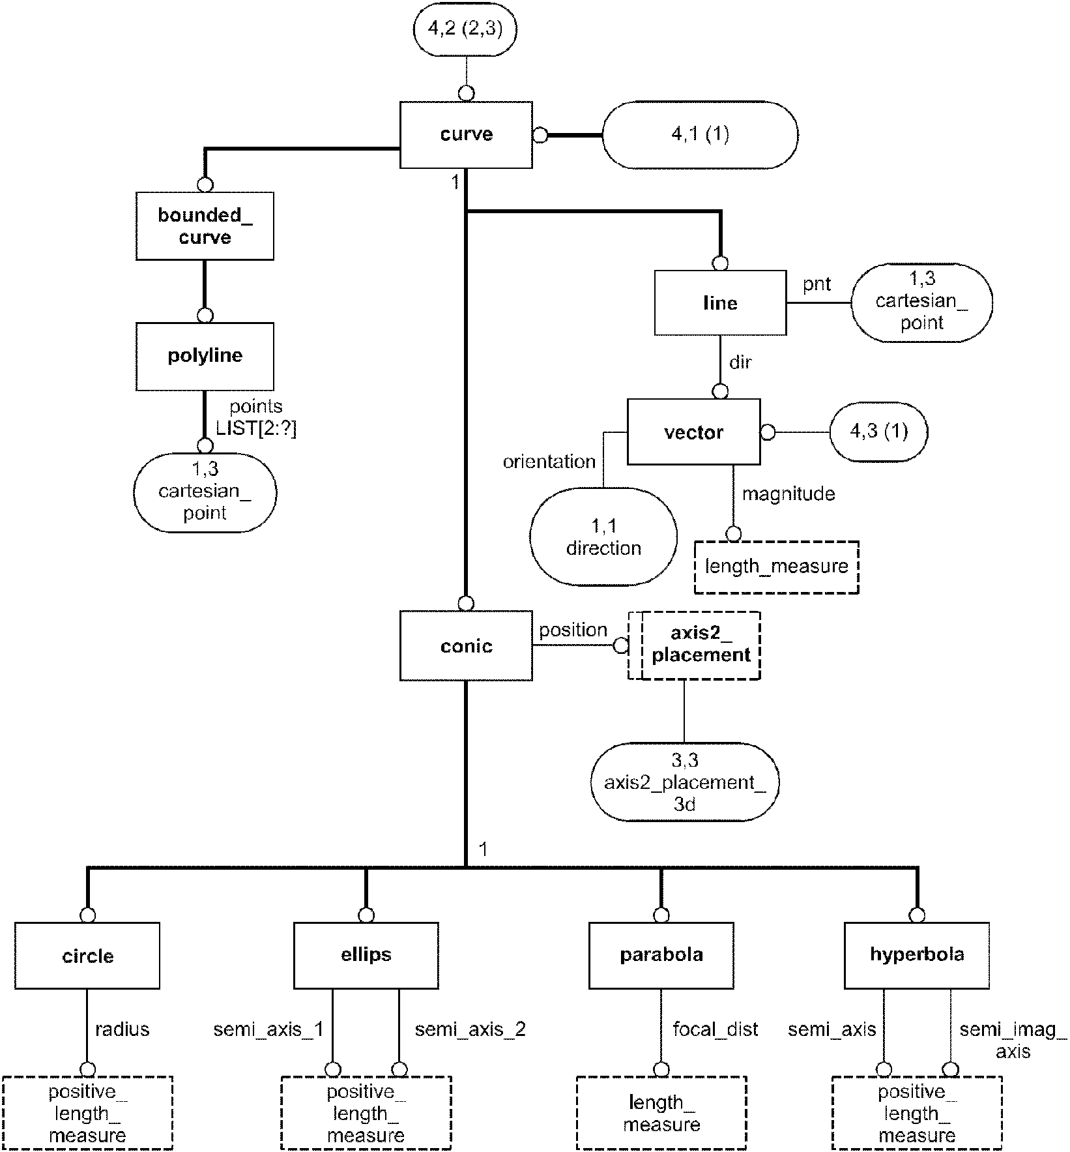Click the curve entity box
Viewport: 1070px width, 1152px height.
pyautogui.click(x=466, y=134)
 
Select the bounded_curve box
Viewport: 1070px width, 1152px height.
pyautogui.click(x=205, y=226)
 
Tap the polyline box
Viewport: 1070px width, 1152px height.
pyautogui.click(x=205, y=356)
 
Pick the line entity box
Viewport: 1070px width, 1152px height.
pyautogui.click(x=720, y=303)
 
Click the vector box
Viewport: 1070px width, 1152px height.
pyautogui.click(x=693, y=432)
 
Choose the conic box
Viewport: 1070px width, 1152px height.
pyautogui.click(x=466, y=645)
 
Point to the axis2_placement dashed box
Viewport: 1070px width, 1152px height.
pyautogui.click(x=695, y=645)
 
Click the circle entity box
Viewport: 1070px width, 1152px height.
pyautogui.click(x=87, y=956)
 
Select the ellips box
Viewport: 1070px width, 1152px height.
pyautogui.click(x=366, y=955)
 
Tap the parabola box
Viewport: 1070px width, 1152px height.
pyautogui.click(x=661, y=955)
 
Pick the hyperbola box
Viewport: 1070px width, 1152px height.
pyautogui.click(x=917, y=955)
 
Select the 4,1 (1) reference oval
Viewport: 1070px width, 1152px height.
pyautogui.click(x=700, y=135)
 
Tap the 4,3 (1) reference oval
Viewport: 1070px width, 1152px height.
pyautogui.click(x=878, y=432)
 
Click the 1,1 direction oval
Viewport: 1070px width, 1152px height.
pyautogui.click(x=603, y=537)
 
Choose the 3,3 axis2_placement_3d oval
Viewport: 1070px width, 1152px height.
pyautogui.click(x=684, y=782)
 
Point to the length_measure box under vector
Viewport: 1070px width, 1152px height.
pyautogui.click(x=777, y=567)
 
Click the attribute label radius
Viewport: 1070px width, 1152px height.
pyautogui.click(x=123, y=1029)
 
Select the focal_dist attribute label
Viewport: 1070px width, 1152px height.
pyautogui.click(x=716, y=1029)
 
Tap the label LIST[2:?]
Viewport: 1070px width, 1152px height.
pyautogui.click(x=256, y=429)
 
